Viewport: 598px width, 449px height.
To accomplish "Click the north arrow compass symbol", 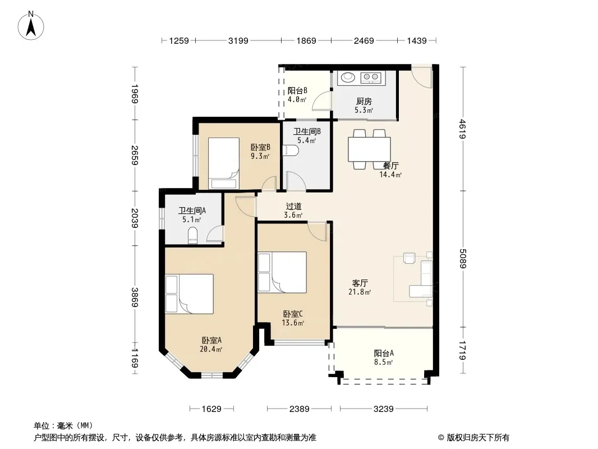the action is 31,26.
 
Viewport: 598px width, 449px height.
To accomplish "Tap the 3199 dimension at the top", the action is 238,41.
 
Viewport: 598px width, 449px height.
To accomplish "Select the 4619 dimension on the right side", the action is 463,129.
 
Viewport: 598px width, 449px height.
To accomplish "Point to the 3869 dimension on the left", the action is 135,297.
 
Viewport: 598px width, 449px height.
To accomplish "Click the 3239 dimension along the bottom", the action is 383,409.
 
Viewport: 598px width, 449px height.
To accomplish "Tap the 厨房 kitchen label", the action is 364,102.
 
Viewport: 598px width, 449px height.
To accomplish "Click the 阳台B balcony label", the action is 297,91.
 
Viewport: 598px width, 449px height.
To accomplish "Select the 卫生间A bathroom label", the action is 192,210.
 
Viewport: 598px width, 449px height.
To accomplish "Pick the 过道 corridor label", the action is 293,207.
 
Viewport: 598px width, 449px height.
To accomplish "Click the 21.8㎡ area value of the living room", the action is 360,292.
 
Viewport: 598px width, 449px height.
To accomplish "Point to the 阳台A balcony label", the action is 384,353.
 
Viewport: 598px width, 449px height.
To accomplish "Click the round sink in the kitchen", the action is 348,77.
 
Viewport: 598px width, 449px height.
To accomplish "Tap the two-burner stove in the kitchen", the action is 371,77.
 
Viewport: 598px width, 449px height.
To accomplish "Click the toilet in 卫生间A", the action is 193,236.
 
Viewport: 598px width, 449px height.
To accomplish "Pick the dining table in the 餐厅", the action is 369,149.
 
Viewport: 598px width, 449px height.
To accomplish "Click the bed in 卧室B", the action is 224,163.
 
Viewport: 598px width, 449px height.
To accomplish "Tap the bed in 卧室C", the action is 282,272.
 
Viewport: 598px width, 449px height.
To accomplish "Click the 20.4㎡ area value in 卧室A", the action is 211,349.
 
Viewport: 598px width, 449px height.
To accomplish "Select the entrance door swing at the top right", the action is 422,77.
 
